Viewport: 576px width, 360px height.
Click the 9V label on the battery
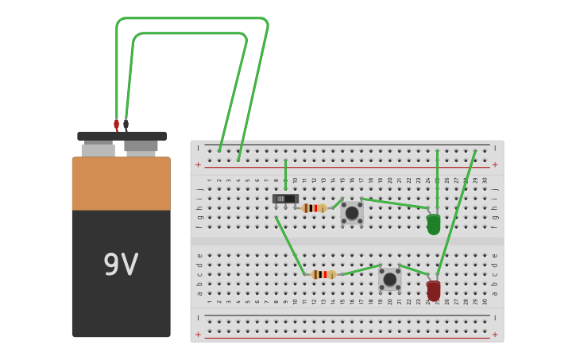(x=121, y=265)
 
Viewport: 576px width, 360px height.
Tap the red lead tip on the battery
(x=116, y=125)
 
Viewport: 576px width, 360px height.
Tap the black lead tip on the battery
(x=126, y=125)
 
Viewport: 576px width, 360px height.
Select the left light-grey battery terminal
(x=98, y=149)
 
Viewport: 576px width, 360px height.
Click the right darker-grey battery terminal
(x=141, y=146)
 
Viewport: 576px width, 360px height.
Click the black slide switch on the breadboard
(x=285, y=199)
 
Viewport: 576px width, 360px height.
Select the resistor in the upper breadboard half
(x=314, y=208)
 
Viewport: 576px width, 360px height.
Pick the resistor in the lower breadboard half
(x=323, y=274)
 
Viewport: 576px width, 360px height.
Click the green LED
(x=433, y=224)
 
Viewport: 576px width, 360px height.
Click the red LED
(x=433, y=290)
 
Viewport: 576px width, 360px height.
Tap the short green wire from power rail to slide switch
(x=285, y=175)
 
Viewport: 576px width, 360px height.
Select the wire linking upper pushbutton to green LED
(x=395, y=203)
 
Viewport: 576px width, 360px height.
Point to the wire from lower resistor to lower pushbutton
(x=360, y=270)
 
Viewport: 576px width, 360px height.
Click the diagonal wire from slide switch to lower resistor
(x=290, y=246)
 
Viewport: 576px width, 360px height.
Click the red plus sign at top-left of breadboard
(x=198, y=165)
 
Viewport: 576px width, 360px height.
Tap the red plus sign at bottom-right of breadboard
(x=495, y=335)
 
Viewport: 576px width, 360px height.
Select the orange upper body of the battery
(x=121, y=184)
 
